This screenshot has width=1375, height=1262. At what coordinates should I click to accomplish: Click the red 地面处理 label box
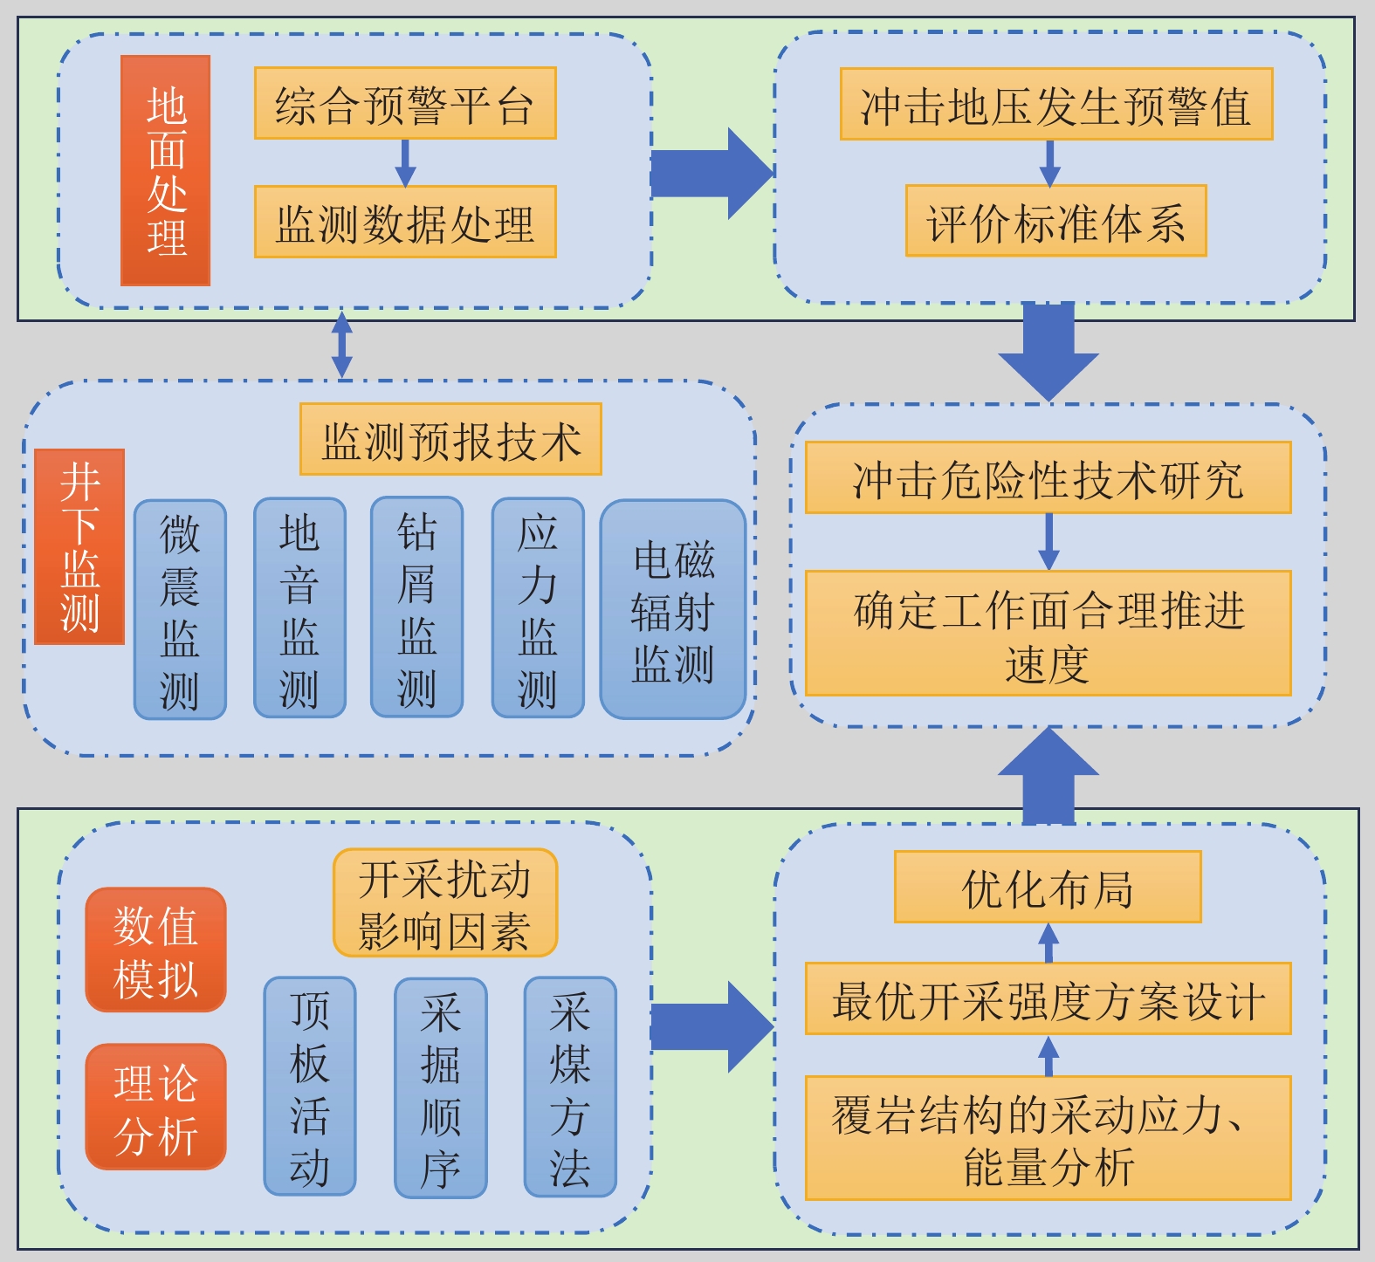click(x=166, y=171)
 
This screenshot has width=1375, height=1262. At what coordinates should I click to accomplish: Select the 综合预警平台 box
click(x=405, y=104)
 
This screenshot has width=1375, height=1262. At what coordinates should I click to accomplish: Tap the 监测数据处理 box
click(x=405, y=222)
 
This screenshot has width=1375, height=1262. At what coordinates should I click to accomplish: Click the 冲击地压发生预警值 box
click(x=1056, y=104)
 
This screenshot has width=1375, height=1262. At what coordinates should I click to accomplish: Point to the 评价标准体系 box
click(x=1056, y=221)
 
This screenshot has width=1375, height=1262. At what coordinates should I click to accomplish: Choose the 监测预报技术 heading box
click(x=450, y=439)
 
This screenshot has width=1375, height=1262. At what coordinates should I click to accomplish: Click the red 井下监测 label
click(x=79, y=547)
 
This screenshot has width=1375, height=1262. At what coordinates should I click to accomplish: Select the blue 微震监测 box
click(x=180, y=609)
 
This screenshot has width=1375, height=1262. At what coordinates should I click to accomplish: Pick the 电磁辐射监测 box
click(x=673, y=609)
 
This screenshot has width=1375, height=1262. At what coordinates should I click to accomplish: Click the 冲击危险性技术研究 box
click(x=1048, y=477)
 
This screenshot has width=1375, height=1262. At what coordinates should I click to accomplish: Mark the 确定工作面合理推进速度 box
click(x=1048, y=634)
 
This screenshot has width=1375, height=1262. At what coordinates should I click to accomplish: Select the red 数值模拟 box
click(x=155, y=950)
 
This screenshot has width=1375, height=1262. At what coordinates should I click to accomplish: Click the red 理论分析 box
click(x=155, y=1107)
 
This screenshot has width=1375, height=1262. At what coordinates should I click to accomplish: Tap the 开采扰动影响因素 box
click(x=445, y=903)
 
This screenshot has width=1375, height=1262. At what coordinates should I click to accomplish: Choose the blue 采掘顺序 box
click(x=440, y=1087)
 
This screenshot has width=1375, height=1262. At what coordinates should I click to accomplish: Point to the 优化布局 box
click(x=1048, y=887)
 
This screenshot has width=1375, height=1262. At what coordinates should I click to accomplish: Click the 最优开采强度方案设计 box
click(x=1048, y=999)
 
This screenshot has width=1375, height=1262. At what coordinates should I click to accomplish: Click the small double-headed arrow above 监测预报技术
click(x=342, y=346)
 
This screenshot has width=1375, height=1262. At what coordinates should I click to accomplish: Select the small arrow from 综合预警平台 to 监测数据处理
click(x=405, y=163)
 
